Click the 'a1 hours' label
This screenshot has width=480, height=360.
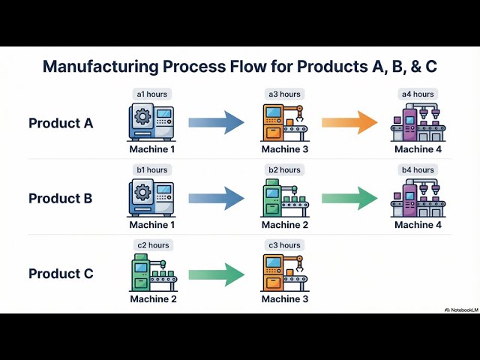point(151,94)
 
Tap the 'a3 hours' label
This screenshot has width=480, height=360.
point(284,94)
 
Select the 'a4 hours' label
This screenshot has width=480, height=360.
point(418,94)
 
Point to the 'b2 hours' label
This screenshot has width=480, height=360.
point(284,170)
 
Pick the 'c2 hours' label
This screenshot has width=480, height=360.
point(151,245)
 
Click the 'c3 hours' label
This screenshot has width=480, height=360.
point(284,245)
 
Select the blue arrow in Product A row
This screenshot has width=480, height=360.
point(216,122)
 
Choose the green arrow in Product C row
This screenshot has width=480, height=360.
point(216,273)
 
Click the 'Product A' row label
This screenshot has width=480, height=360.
point(61,123)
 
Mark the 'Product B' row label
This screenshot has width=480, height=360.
point(61,199)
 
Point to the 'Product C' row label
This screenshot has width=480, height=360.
point(61,274)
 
